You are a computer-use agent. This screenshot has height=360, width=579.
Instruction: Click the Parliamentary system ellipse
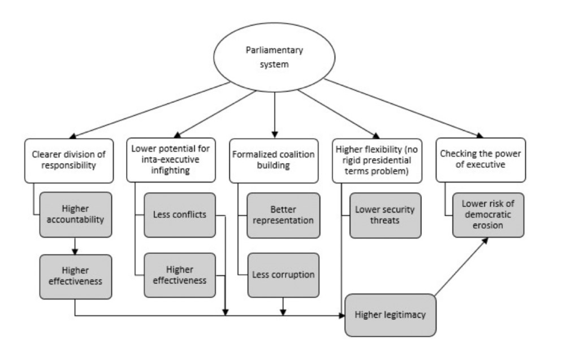pos(274,57)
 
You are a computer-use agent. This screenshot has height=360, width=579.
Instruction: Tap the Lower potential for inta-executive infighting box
pos(171,160)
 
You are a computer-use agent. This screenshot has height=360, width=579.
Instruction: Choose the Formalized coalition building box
pos(274,160)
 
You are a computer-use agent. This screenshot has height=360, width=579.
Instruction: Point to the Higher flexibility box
pos(377,160)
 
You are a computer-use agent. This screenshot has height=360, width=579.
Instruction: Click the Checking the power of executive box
pos(481,160)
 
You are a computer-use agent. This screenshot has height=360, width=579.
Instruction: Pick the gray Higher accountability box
pos(75,215)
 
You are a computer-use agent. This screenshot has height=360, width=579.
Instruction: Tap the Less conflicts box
pos(180,215)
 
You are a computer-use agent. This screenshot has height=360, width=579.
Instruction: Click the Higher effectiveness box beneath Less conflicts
pos(180,275)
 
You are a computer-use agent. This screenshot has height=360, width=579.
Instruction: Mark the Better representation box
pos(283,215)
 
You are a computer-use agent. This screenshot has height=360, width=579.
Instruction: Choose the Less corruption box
pos(283,275)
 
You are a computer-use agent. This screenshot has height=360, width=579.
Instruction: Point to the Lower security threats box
pos(385,215)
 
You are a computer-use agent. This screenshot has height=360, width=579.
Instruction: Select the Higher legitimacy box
pos(390,314)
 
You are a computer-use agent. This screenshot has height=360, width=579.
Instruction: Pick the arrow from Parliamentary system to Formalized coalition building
pos(274,113)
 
